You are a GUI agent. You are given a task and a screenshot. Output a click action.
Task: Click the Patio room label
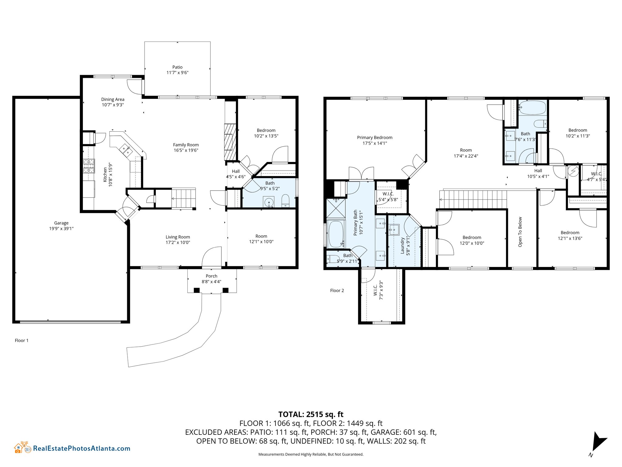(x=177, y=67)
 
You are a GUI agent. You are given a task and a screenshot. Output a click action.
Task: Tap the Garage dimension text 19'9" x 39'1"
(x=61, y=229)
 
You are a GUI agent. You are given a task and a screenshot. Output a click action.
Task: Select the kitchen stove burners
(x=89, y=166)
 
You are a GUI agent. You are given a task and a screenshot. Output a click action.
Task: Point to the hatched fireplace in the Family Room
(x=230, y=142)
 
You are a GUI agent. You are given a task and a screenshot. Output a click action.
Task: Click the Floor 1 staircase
(x=184, y=198)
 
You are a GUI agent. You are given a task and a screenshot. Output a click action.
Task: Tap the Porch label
(x=211, y=276)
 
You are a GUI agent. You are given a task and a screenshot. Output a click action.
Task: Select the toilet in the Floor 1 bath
(x=285, y=201)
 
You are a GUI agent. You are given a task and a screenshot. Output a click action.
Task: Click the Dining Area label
(x=113, y=99)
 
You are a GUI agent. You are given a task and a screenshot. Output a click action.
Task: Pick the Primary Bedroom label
(x=374, y=138)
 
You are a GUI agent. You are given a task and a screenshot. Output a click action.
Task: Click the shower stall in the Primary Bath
(x=336, y=208)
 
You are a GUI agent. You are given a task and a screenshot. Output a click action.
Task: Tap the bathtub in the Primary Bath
(x=336, y=234)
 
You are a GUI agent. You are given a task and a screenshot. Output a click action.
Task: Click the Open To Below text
(x=520, y=232)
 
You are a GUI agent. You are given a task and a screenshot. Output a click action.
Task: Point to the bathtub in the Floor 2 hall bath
(x=532, y=108)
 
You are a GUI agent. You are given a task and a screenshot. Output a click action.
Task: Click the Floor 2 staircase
(x=473, y=199)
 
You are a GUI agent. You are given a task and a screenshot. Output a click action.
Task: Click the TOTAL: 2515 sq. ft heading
(x=311, y=414)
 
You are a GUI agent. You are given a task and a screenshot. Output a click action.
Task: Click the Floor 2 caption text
(x=337, y=291)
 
